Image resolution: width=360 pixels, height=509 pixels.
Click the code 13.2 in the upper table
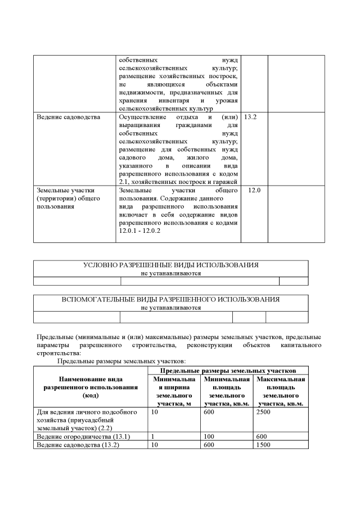[x=250, y=117]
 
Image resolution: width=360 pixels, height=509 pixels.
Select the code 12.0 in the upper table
[x=254, y=191]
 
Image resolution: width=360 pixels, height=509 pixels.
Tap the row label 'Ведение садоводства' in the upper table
[x=68, y=117]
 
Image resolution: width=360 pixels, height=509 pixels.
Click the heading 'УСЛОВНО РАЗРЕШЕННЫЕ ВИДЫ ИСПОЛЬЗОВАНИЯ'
[x=170, y=265]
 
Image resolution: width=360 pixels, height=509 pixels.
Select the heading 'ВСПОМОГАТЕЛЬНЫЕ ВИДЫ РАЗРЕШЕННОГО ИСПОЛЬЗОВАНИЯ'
[x=170, y=299]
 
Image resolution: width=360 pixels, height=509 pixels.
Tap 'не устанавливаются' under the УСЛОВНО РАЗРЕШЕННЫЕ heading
[x=170, y=273]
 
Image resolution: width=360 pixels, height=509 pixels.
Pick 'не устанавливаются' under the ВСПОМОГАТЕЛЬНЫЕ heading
[x=170, y=308]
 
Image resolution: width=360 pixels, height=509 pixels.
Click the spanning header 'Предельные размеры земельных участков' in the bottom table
[x=228, y=370]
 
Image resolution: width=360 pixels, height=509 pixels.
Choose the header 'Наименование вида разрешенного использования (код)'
[x=91, y=388]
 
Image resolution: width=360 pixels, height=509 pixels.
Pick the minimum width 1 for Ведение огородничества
[x=154, y=436]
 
